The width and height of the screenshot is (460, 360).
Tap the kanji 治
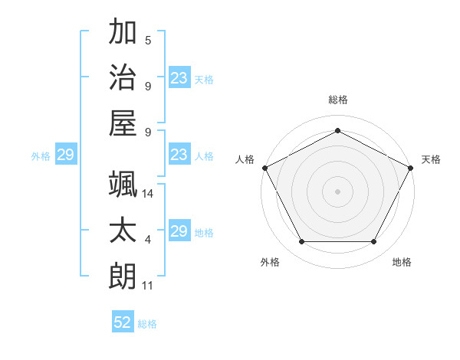click(123, 77)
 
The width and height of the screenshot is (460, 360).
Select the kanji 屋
click(123, 123)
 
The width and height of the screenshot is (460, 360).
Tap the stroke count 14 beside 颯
click(149, 195)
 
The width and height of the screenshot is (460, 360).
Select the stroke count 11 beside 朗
click(148, 286)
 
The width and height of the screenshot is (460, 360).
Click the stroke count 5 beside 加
click(148, 41)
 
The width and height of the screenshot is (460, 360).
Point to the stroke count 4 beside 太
click(148, 241)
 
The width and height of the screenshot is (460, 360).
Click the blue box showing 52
click(123, 322)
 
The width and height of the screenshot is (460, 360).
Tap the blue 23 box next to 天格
click(179, 77)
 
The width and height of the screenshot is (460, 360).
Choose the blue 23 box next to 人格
click(179, 155)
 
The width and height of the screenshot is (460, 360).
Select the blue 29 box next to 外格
click(65, 155)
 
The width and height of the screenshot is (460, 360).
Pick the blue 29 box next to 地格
click(179, 231)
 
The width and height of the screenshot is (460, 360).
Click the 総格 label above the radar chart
click(337, 100)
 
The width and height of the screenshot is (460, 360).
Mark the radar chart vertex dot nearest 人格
click(264, 167)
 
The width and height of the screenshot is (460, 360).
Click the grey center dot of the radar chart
click(337, 191)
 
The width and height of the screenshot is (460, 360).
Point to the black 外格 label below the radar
click(270, 263)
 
